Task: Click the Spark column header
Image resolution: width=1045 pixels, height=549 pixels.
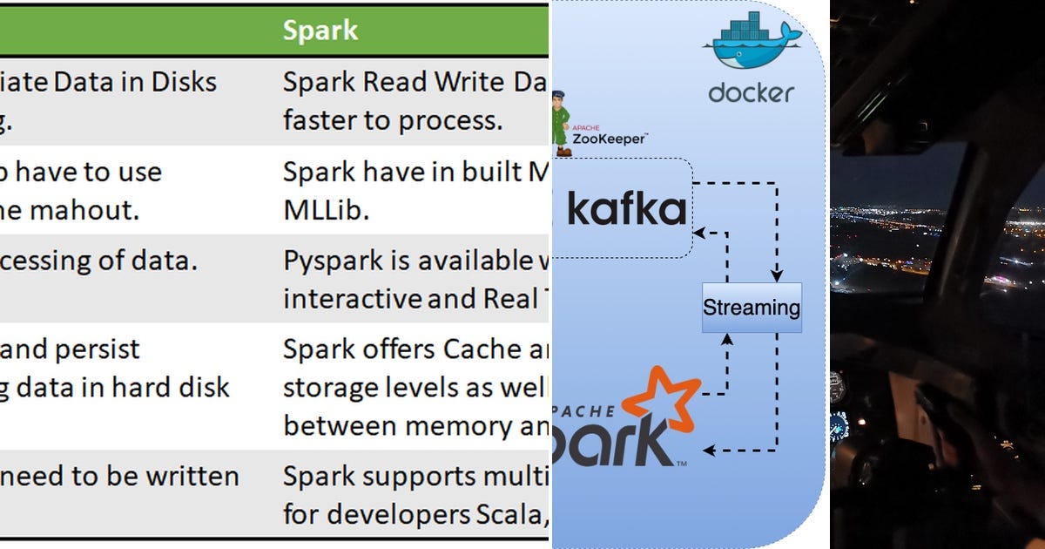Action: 320,30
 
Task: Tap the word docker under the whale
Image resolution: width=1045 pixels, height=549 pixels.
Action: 751,92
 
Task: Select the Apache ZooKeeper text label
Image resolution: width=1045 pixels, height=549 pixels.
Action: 610,135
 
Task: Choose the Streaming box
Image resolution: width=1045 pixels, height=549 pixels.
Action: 751,308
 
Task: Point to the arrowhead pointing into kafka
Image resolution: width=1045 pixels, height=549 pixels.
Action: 698,233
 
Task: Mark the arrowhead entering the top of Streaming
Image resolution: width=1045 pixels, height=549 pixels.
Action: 776,277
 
